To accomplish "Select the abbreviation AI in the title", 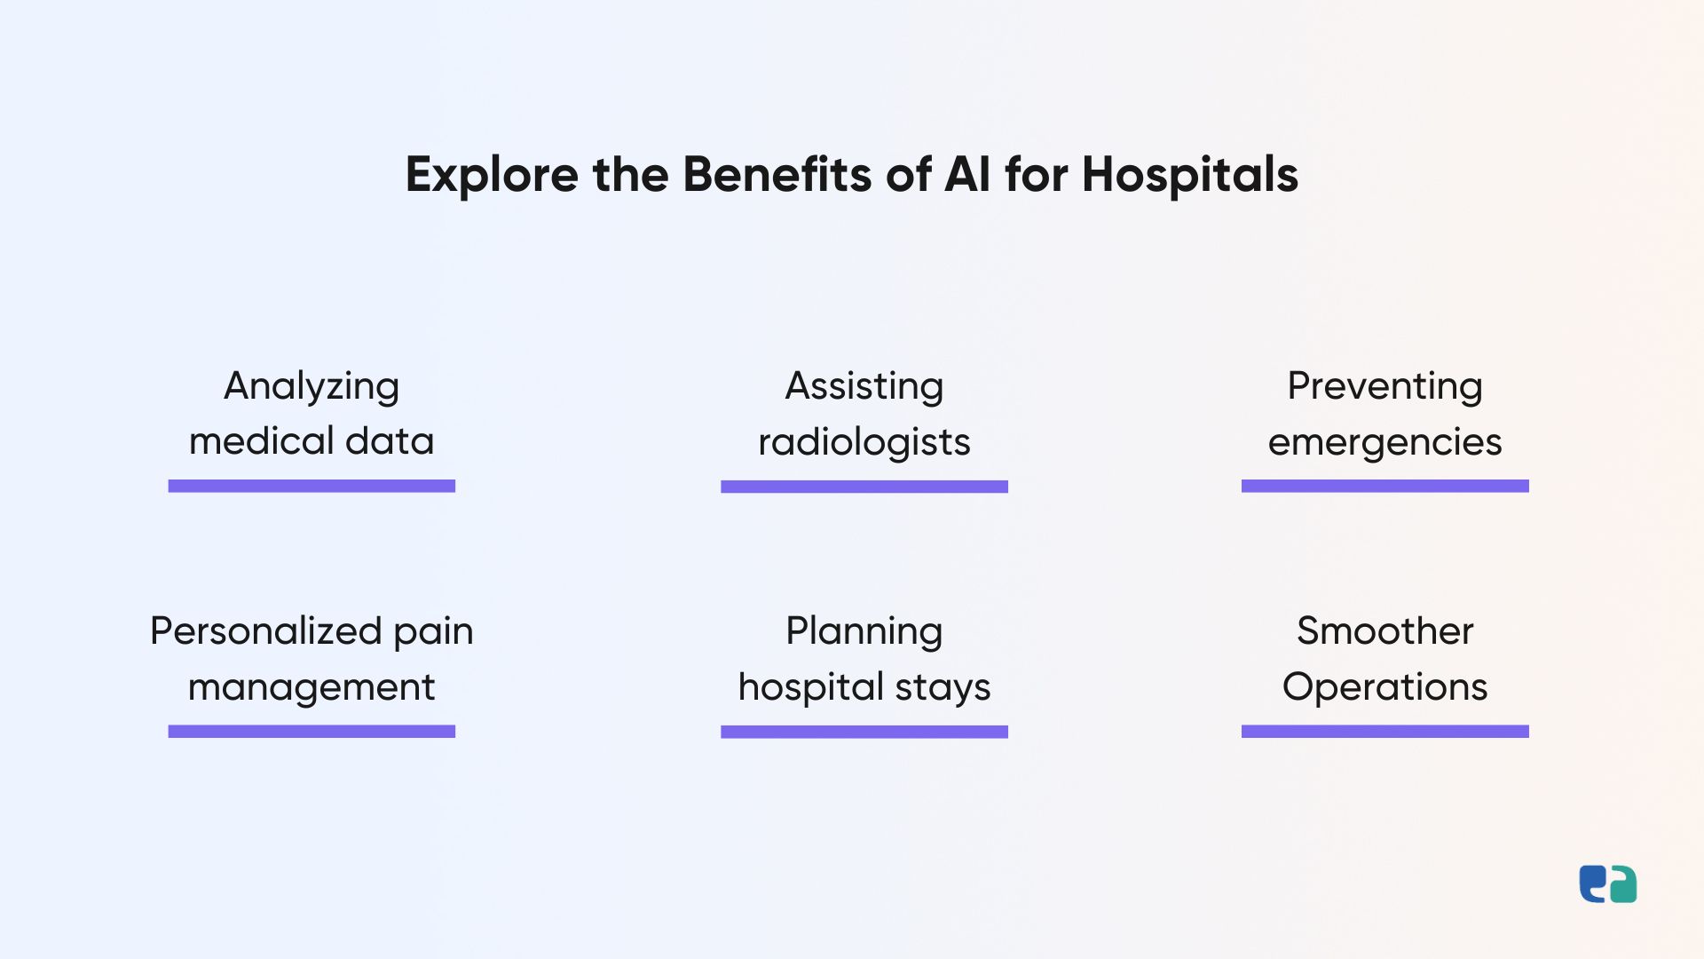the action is tap(967, 174).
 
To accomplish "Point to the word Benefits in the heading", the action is tap(777, 174).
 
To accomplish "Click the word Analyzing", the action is tap(312, 387).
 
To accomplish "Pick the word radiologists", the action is tap(864, 442).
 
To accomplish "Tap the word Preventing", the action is tap(1384, 387).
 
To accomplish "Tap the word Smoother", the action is tap(1384, 631).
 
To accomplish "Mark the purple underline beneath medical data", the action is tap(312, 486).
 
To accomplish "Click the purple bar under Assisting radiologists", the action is tap(864, 487).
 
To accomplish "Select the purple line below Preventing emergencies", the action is tap(1384, 486).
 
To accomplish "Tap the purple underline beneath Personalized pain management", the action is tap(312, 731).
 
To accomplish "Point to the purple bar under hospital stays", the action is tap(864, 732).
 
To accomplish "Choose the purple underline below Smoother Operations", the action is tap(1384, 731).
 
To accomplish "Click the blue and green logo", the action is tap(1607, 884).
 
